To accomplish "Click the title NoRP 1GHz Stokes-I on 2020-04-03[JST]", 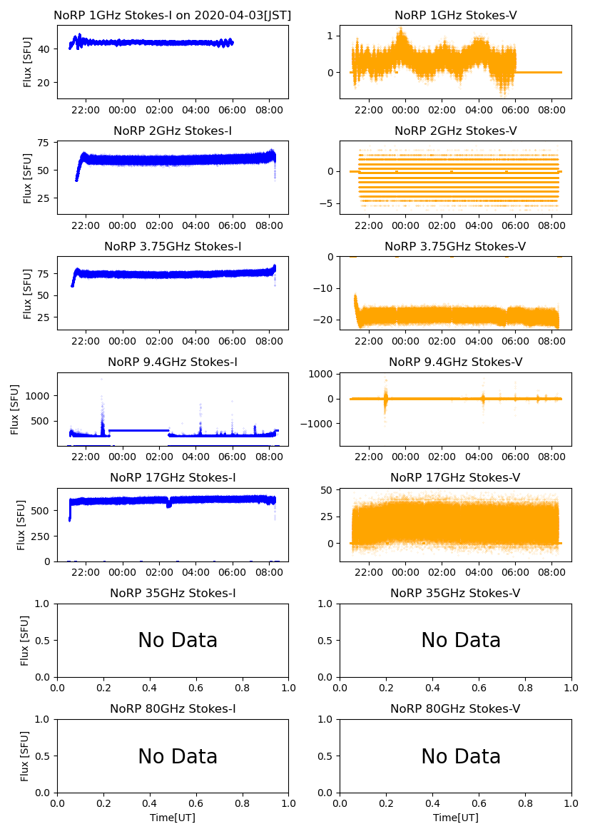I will click(173, 15).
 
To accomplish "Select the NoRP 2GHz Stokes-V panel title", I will click(455, 131).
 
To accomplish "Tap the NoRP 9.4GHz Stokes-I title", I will click(173, 362).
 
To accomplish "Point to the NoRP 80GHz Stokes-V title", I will click(455, 708).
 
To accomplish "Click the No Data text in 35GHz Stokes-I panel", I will click(178, 641).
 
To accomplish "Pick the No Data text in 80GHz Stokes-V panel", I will click(461, 756).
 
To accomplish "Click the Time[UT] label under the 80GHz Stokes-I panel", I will click(173, 818).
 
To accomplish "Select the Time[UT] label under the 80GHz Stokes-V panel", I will click(455, 818).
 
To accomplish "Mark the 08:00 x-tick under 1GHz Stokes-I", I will click(269, 111).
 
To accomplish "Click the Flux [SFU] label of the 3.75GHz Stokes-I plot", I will click(28, 293).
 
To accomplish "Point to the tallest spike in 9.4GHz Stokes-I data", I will click(101, 379).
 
